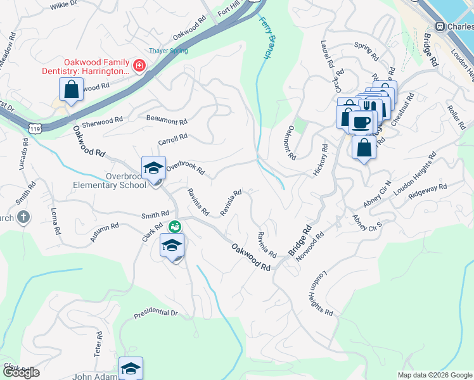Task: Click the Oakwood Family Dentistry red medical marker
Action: [x=138, y=65]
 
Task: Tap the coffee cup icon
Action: [x=362, y=122]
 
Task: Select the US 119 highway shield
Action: [x=35, y=128]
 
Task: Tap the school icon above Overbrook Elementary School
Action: [x=153, y=168]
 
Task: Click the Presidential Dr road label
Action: [x=156, y=313]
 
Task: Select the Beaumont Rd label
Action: [x=167, y=120]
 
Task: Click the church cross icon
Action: [x=23, y=217]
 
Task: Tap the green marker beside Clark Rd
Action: [x=174, y=226]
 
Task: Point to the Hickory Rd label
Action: [x=320, y=160]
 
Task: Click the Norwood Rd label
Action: [x=314, y=243]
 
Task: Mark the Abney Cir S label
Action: [x=368, y=224]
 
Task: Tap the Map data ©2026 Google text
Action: [x=434, y=375]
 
